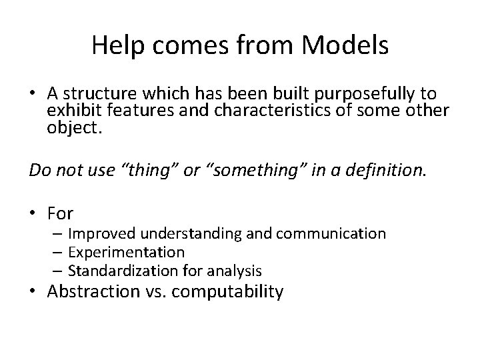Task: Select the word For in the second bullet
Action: pos(60,213)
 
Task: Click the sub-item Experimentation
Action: pos(126,253)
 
